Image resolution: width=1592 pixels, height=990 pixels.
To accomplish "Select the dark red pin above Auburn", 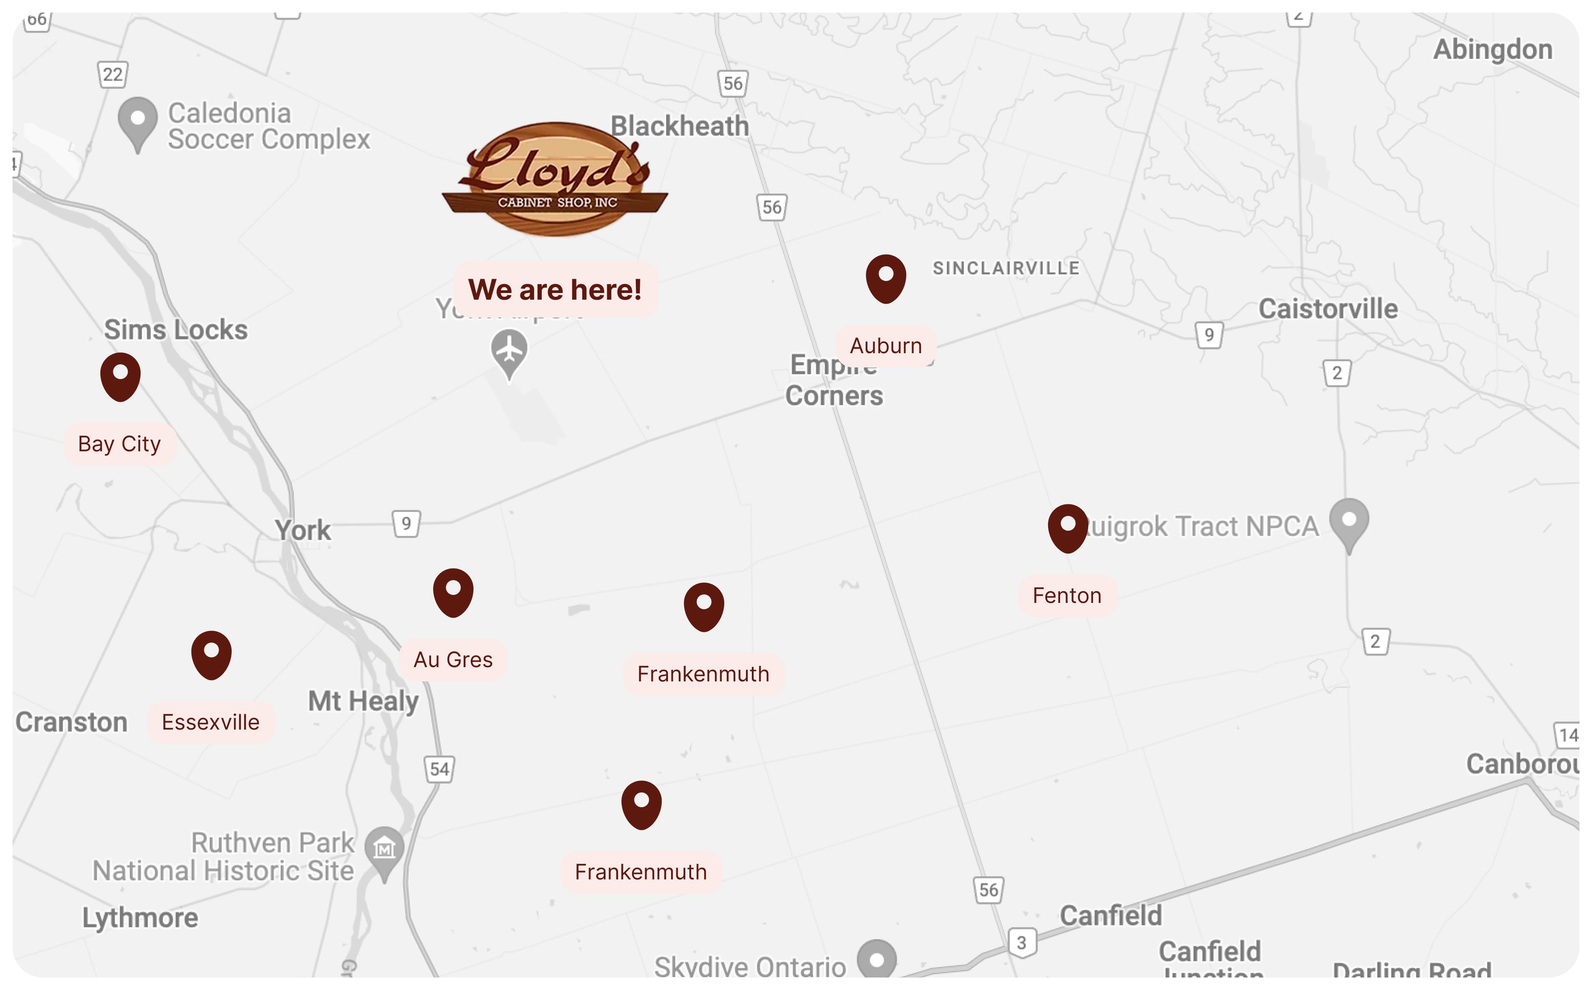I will point(886,278).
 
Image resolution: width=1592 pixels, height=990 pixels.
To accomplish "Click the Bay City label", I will point(119,444).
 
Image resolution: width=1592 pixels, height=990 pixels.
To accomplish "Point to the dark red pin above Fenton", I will point(1067,527).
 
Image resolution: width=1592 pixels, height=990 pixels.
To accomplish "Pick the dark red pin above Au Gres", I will point(453,591).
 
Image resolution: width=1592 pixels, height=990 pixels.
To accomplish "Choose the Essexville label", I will point(210,722).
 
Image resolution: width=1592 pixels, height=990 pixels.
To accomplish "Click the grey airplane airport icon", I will point(509,351).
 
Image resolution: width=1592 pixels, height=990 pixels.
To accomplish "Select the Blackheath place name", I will point(680,126).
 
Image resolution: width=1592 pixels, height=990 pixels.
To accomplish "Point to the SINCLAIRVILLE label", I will point(1006,268).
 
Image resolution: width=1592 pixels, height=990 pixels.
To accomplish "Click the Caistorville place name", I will point(1328,309).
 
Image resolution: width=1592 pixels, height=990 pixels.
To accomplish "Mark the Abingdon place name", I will point(1492,50).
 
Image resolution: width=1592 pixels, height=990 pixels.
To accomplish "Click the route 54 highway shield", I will point(439,769).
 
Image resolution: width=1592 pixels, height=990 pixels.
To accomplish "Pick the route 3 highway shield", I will point(1021,943).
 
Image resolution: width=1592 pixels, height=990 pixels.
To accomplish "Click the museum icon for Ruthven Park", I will point(385,849).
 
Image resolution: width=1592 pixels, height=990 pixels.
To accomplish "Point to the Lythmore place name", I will point(140,918).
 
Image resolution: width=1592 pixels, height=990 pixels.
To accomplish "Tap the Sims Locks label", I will point(176,330).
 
